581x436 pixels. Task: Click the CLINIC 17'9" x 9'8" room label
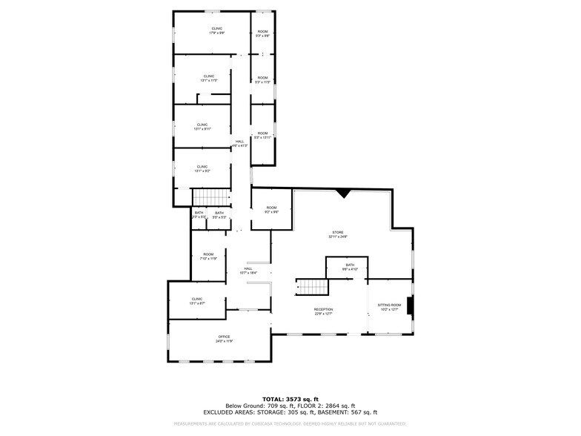[x=216, y=31]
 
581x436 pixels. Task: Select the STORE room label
[x=338, y=235]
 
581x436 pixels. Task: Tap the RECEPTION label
[x=323, y=311]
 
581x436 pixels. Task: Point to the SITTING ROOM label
[x=389, y=307]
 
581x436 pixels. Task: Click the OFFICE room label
[x=224, y=339]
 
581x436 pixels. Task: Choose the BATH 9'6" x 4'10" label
[x=350, y=267]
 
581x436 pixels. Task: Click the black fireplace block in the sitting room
[x=411, y=306]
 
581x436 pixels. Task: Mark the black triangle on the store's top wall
[x=342, y=194]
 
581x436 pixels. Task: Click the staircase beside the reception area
[x=311, y=287]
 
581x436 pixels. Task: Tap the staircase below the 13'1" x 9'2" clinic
[x=210, y=197]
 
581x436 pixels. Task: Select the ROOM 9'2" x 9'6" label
[x=271, y=210]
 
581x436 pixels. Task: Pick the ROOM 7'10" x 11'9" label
[x=208, y=257]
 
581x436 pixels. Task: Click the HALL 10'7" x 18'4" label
[x=249, y=271]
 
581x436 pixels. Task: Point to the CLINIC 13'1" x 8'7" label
[x=196, y=301]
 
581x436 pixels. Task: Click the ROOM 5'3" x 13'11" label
[x=262, y=136]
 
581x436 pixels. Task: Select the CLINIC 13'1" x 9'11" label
[x=202, y=127]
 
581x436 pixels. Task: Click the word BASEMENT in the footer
[x=337, y=412]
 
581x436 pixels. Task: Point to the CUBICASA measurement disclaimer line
[x=290, y=423]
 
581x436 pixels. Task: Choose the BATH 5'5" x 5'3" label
[x=219, y=215]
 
